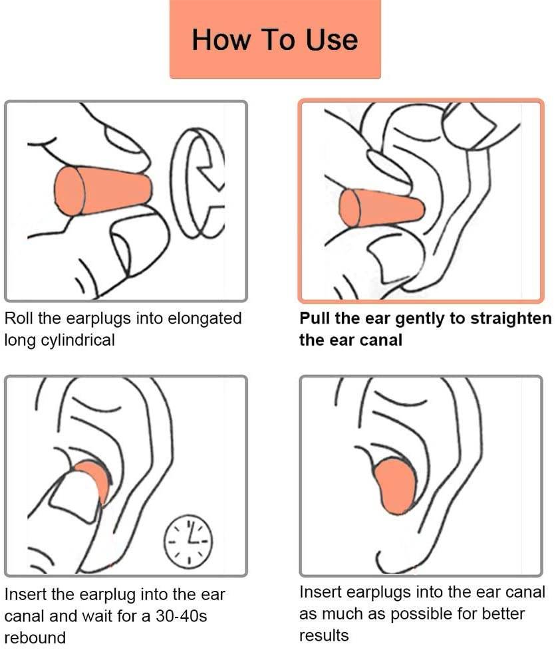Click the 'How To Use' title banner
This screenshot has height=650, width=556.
click(x=275, y=39)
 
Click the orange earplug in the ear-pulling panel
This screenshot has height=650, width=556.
click(x=381, y=208)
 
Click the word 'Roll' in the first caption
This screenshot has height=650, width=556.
click(x=18, y=318)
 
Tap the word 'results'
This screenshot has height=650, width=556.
click(x=324, y=635)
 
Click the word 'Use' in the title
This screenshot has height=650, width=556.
click(x=332, y=39)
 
